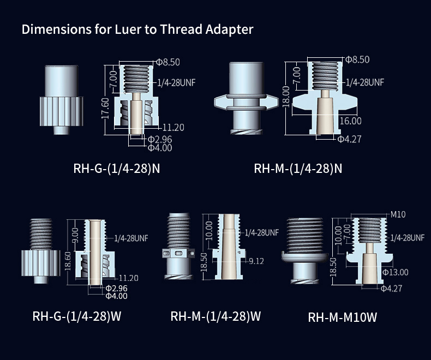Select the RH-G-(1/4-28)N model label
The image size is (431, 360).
coord(117,168)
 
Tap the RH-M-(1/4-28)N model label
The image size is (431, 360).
coord(298,168)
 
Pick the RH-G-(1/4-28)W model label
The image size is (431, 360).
coord(76,316)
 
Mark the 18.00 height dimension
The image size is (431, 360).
coord(286,98)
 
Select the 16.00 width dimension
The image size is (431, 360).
coord(350,121)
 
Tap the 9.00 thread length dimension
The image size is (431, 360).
coord(75,236)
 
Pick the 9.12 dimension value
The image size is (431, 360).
coord(256,261)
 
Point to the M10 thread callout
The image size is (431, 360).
coord(398,214)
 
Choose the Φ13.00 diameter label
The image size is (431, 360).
coord(395,272)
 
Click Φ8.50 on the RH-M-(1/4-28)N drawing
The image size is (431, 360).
coord(357,59)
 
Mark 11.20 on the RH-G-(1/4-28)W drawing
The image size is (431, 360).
coord(128,278)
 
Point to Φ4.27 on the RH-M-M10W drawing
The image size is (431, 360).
coord(391,288)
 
